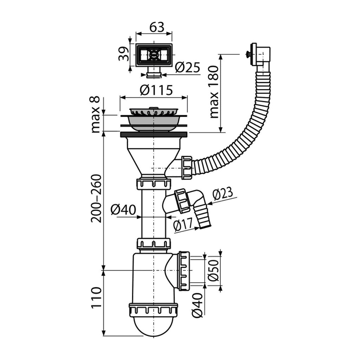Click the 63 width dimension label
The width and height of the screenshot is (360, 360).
pos(157,27)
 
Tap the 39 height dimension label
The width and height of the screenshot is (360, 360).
pos(124,54)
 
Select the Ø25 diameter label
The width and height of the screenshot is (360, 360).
pos(188,67)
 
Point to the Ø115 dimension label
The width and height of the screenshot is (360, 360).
pos(156,90)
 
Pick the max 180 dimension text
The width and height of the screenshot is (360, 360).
pos(214,92)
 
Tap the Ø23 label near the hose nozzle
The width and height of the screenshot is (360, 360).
pos(223,194)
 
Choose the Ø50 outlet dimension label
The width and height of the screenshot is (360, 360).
pos(213,270)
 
